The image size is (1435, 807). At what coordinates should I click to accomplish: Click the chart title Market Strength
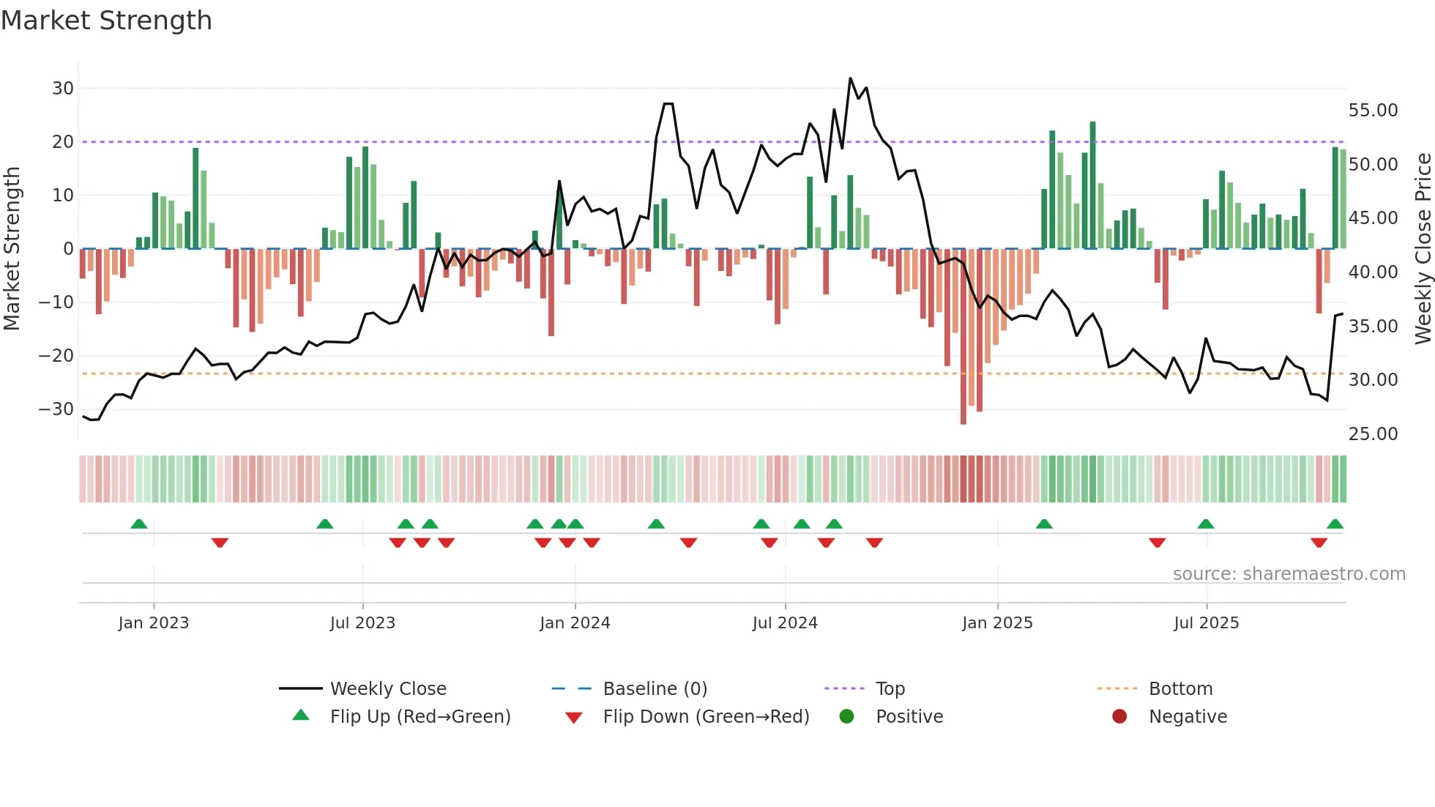tap(106, 21)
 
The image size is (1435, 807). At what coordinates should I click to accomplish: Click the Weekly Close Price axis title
tap(1423, 249)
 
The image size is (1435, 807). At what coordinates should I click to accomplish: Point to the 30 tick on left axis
tap(63, 89)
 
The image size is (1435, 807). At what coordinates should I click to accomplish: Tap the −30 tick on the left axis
tap(56, 409)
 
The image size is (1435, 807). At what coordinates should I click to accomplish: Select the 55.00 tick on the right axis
tap(1373, 111)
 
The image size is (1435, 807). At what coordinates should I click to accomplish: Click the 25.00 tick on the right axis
tap(1373, 434)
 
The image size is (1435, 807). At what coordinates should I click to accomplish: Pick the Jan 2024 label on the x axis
tap(575, 623)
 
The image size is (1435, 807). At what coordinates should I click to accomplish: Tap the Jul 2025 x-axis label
tap(1206, 623)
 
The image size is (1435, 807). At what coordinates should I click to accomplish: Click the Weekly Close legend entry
tap(387, 689)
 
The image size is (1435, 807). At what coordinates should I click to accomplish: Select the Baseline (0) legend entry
tap(655, 689)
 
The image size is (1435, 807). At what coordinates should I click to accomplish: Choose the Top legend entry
tap(890, 689)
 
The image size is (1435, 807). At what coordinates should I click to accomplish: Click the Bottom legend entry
tap(1180, 689)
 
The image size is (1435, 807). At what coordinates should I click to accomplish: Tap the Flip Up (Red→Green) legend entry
tap(420, 717)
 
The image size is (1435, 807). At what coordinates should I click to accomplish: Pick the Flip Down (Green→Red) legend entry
tap(706, 717)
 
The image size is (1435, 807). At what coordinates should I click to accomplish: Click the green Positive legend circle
tap(847, 717)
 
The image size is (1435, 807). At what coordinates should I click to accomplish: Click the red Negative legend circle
tap(1119, 717)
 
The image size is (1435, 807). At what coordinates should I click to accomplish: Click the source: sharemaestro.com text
tap(1289, 574)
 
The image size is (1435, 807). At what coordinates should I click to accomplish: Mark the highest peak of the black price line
tap(850, 78)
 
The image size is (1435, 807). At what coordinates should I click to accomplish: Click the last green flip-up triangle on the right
tap(1335, 524)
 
